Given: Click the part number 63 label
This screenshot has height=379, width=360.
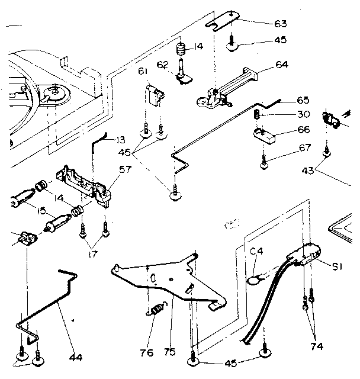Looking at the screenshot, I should (x=281, y=24).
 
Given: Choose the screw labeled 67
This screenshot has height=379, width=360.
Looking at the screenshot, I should (x=265, y=161).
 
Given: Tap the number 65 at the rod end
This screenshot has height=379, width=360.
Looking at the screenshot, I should (x=303, y=101).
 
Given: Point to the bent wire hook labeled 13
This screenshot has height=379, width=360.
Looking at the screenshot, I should (x=98, y=143).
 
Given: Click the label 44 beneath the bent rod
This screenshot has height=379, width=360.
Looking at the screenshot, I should (x=76, y=357).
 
